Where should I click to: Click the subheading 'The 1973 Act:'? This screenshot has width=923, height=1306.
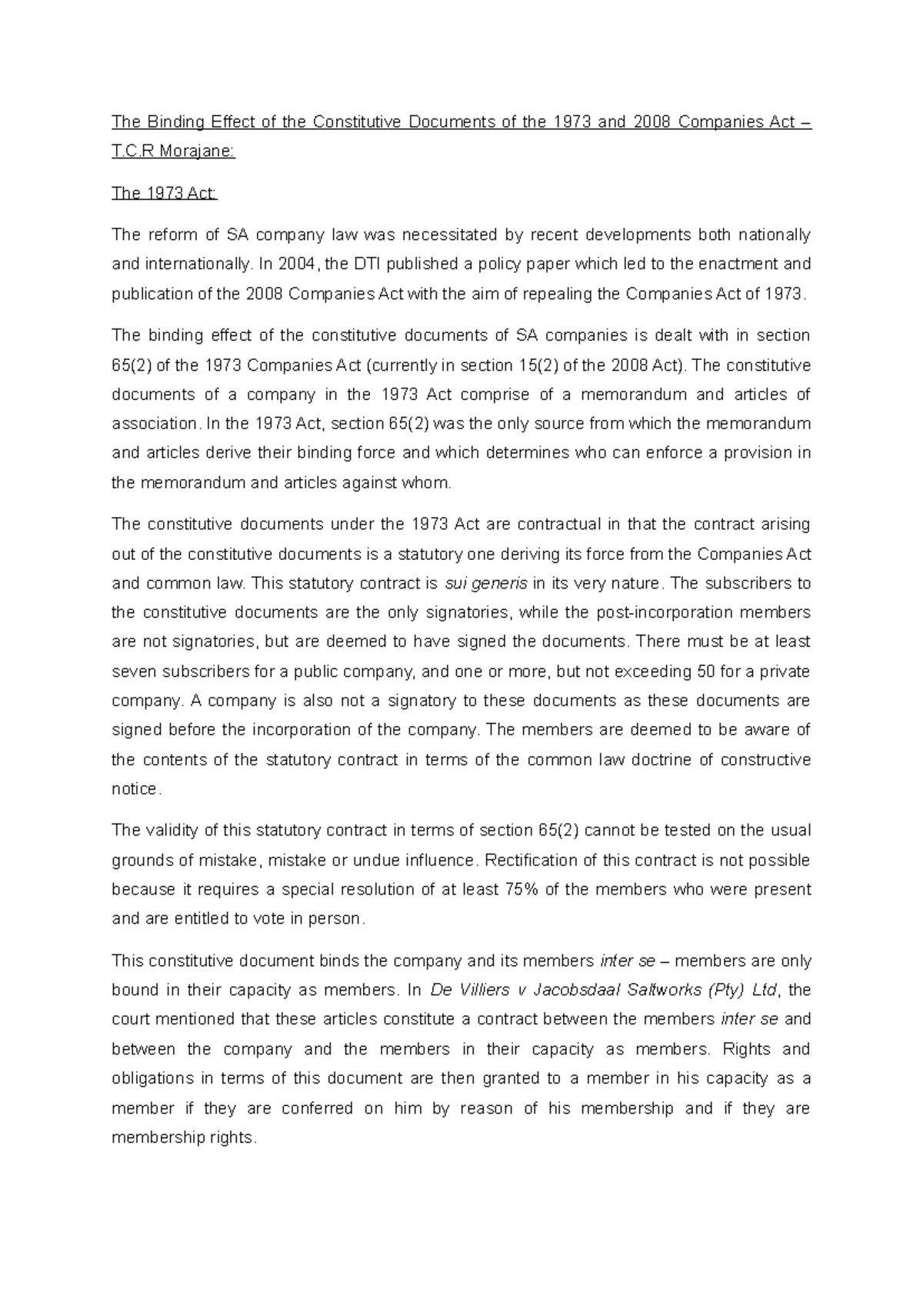tap(165, 193)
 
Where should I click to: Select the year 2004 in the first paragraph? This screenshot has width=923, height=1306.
tap(297, 264)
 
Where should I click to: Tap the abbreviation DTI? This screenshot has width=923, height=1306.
tap(365, 264)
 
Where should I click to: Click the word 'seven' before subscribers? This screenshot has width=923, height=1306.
tap(131, 671)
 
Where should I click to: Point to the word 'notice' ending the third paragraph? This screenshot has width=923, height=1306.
tap(134, 789)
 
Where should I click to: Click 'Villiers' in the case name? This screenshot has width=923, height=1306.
tap(482, 990)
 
